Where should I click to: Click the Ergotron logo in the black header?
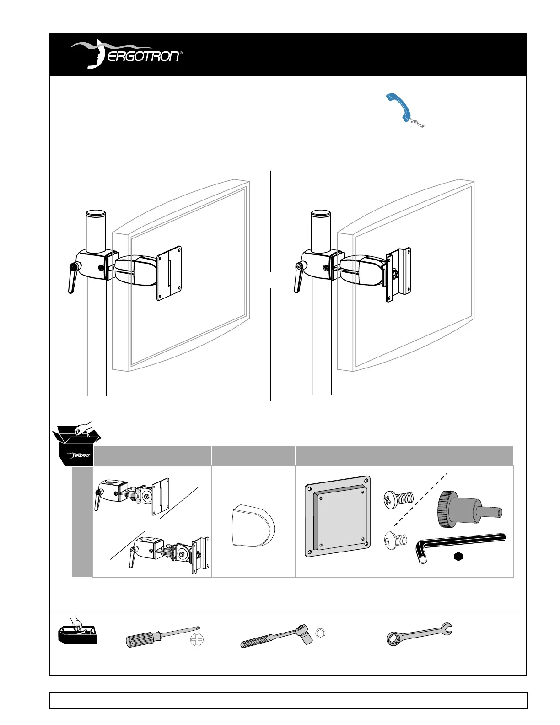point(126,54)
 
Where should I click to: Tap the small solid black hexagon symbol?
point(458,557)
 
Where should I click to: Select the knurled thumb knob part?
point(468,509)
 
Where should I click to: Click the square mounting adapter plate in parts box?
point(338,516)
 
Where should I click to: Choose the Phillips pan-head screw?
point(399,499)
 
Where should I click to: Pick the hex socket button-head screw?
point(396,541)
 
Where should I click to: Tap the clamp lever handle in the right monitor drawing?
point(298,277)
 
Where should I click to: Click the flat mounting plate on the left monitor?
point(169,273)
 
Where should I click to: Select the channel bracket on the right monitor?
point(398,275)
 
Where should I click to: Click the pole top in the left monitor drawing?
point(96,214)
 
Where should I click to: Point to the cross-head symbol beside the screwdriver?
point(197,640)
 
